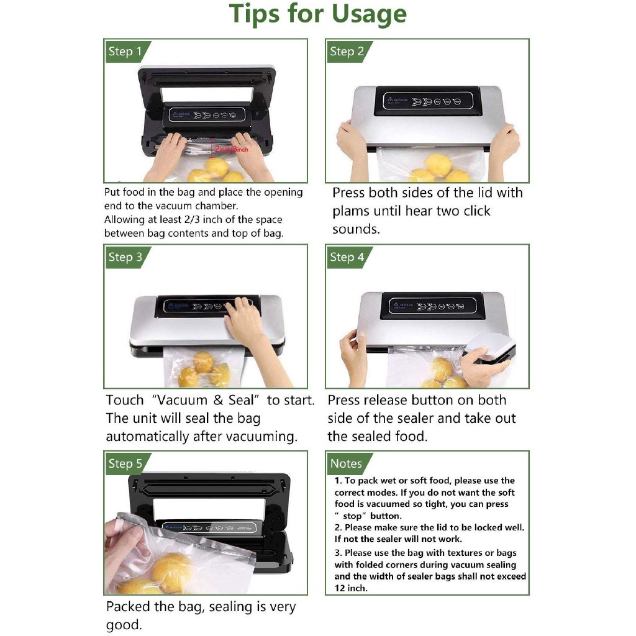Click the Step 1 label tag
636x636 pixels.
(125, 52)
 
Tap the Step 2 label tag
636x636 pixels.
(347, 52)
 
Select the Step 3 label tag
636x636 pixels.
(125, 257)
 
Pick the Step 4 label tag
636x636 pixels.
(347, 257)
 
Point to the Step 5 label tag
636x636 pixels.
(125, 463)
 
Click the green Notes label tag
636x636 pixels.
(346, 463)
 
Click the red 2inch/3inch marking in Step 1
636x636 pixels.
(231, 150)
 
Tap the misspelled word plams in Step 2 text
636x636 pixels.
(352, 211)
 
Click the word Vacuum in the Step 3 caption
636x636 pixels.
(184, 401)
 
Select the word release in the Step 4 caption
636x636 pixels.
(393, 401)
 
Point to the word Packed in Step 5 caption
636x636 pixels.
(130, 607)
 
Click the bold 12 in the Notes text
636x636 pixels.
(340, 588)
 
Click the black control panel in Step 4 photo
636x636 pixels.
(434, 305)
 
